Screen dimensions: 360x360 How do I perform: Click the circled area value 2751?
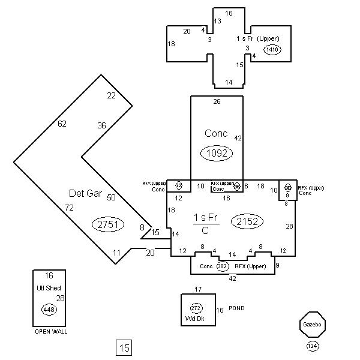tap(108, 224)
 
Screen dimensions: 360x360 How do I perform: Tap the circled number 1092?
tap(216, 153)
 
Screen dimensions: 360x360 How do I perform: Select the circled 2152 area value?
tap(247, 221)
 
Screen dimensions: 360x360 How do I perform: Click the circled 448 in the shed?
tap(49, 310)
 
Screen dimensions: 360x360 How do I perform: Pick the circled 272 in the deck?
tap(196, 308)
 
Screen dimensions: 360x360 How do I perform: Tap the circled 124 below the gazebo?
tap(312, 346)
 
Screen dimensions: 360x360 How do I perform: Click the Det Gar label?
tap(84, 193)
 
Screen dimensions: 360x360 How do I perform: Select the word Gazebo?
tap(311, 324)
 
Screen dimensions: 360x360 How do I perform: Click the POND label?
tap(236, 308)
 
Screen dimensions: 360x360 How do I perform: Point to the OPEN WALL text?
tap(50, 331)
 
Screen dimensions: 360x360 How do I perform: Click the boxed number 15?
tap(124, 347)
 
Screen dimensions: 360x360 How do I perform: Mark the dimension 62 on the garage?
tap(62, 124)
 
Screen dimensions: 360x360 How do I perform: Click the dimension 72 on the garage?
tap(70, 207)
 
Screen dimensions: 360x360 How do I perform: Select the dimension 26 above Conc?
tap(217, 101)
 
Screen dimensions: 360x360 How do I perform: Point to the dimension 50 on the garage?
tap(111, 197)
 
